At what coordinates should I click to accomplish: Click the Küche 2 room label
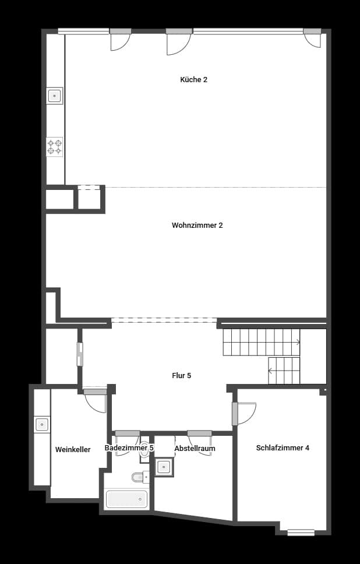coord(193,80)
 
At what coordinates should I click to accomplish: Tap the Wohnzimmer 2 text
coord(197,225)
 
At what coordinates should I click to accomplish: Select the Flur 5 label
coord(181,376)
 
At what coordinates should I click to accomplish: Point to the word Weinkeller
coord(73,450)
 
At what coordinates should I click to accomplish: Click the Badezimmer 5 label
coord(129,448)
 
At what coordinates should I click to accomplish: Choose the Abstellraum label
coord(195,449)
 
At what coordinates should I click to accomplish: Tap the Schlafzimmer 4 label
coord(283,448)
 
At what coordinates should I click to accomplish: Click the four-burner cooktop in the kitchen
coord(55,146)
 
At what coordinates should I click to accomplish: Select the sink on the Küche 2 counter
coord(55,96)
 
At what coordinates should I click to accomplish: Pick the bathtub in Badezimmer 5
coord(127,499)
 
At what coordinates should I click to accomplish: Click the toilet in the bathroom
coord(139,478)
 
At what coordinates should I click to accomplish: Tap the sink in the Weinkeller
coord(42,424)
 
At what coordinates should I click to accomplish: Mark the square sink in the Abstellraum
coord(164,467)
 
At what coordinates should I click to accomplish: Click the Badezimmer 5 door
coord(127,443)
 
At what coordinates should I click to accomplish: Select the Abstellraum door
coord(200,443)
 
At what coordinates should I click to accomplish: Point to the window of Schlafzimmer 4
coord(301,532)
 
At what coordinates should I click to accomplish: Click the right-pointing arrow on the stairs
coord(298,342)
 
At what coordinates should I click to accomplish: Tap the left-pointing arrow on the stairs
coord(270,370)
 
